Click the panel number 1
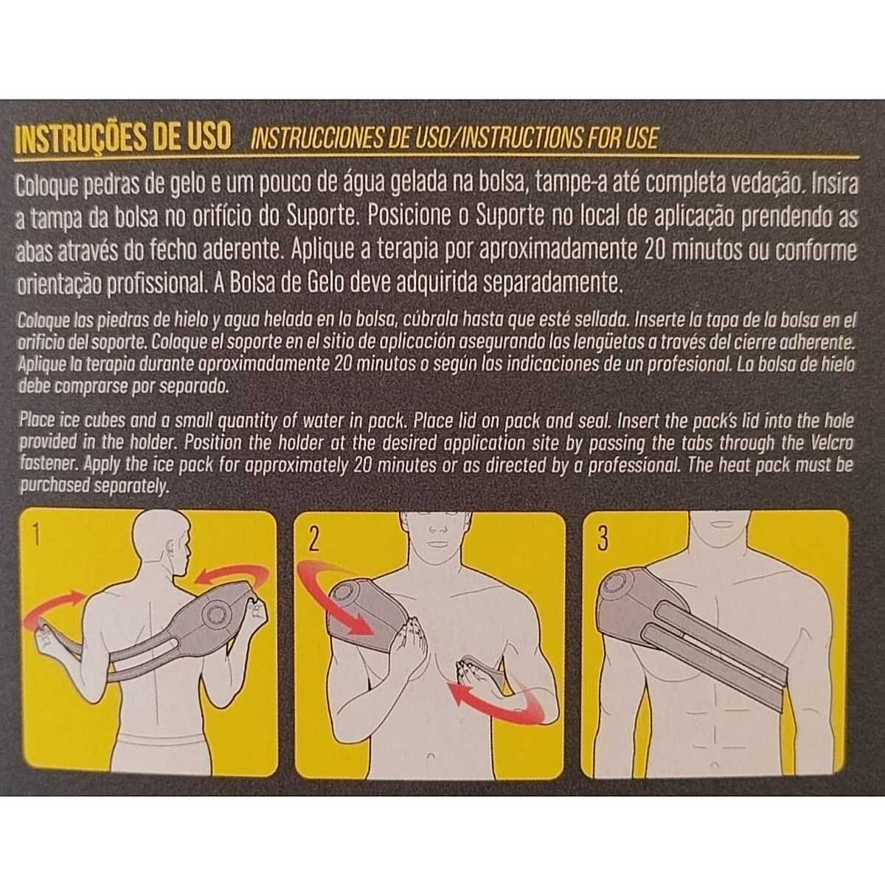(x=37, y=535)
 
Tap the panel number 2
(x=313, y=540)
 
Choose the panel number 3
(x=603, y=538)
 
